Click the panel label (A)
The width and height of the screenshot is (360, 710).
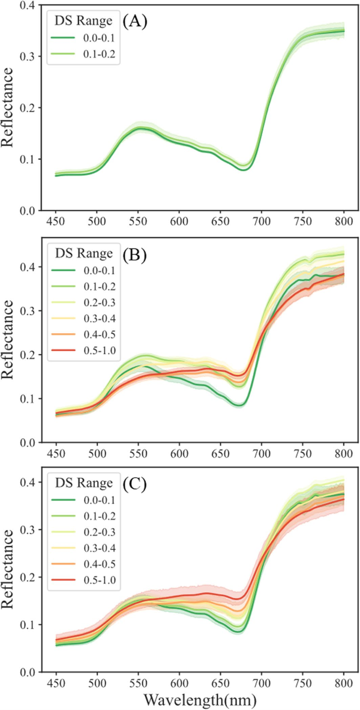coord(136,24)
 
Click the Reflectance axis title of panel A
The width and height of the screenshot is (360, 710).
coord(9,107)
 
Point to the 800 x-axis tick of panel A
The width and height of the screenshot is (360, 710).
coord(343,221)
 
